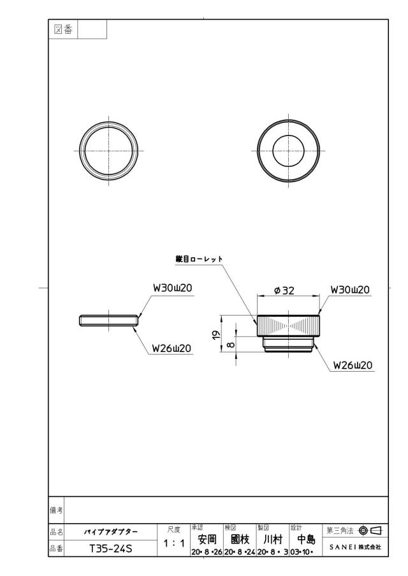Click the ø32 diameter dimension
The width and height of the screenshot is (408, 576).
click(x=284, y=291)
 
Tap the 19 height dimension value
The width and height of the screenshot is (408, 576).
click(x=216, y=334)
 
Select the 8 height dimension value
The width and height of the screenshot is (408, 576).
click(x=231, y=344)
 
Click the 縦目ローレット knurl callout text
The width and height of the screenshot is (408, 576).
click(x=199, y=259)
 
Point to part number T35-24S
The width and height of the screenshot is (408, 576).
click(x=111, y=549)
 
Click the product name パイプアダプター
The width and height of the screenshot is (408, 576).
click(x=111, y=531)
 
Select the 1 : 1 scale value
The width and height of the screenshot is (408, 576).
click(x=174, y=544)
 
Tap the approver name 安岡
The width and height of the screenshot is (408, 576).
click(x=207, y=539)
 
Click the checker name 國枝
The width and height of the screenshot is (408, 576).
click(x=240, y=539)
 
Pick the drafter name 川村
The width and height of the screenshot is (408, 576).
click(x=273, y=539)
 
